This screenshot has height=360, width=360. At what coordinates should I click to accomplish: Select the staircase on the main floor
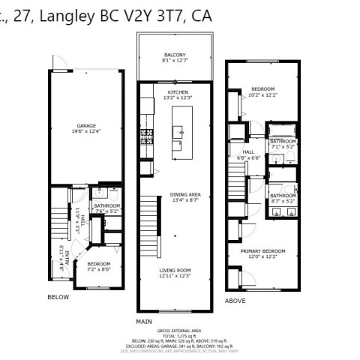149,217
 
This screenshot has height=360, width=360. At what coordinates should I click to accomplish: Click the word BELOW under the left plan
58,297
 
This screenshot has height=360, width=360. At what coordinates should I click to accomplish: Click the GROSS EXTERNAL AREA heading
178,330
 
